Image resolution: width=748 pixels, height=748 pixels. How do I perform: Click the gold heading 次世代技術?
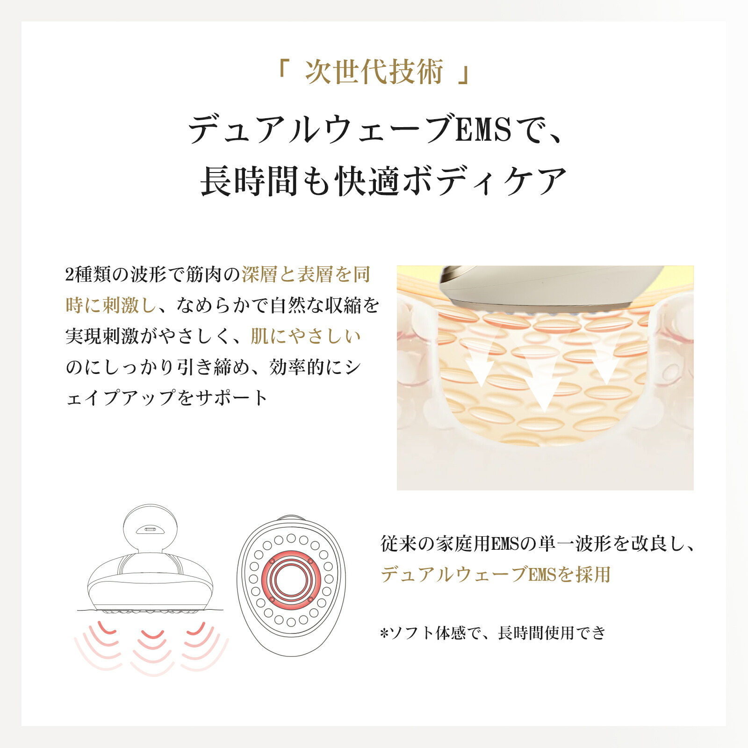pos(374,72)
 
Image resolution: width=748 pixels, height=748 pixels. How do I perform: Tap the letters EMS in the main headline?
pos(483,129)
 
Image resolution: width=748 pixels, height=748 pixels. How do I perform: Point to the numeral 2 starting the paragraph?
pos(69,275)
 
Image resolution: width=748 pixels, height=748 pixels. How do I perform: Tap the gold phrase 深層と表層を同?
pos(306,275)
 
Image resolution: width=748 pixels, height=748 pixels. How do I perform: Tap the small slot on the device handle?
pos(150,529)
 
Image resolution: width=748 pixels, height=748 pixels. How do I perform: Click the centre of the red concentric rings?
pos(291,580)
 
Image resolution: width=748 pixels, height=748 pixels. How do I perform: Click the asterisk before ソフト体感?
pos(385,633)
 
